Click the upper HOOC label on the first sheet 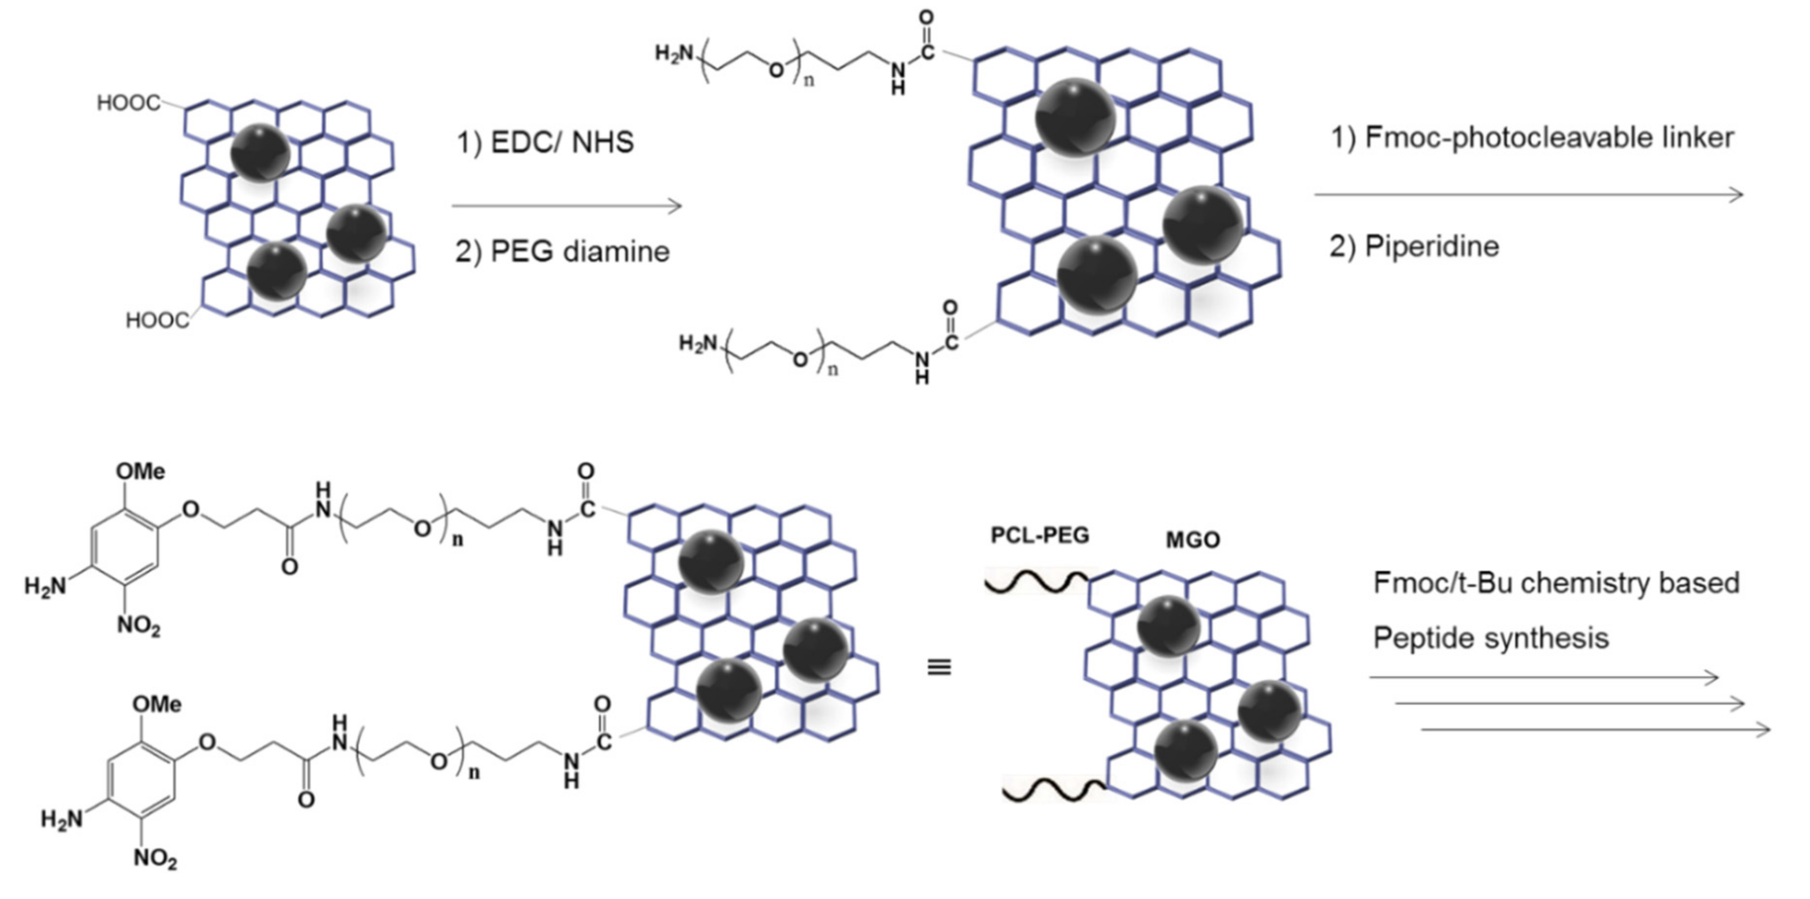129,103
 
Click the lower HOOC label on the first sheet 157,321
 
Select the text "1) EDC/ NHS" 545,143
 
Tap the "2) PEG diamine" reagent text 562,251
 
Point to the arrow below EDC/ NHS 567,206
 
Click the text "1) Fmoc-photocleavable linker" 1532,137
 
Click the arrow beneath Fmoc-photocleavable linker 1528,195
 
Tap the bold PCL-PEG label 1040,536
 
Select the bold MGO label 1193,540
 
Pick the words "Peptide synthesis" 1491,638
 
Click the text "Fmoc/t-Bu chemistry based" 1556,584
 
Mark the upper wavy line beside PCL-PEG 1036,583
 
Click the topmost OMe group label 141,471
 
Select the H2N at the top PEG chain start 674,54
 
